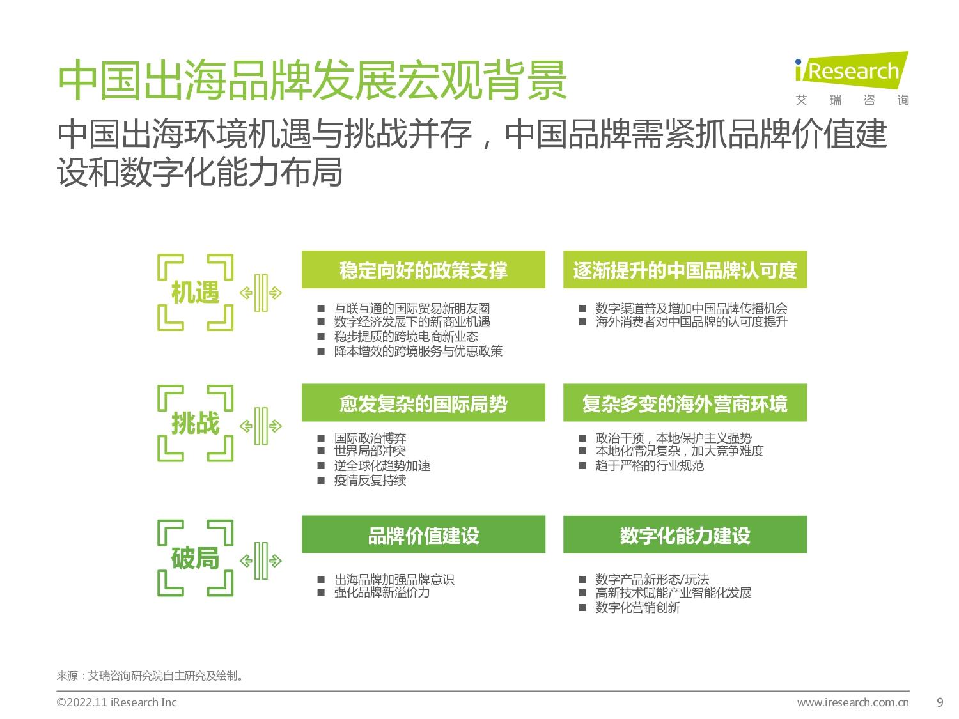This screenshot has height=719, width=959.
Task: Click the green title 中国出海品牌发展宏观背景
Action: coord(313,81)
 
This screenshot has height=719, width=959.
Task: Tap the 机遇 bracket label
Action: coord(195,292)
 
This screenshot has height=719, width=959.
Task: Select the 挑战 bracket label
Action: coord(195,423)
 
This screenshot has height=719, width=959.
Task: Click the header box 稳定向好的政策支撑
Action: coord(423,269)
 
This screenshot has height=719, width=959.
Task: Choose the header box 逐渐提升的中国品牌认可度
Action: coord(685,269)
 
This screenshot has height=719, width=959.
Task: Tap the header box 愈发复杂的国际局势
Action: coord(423,403)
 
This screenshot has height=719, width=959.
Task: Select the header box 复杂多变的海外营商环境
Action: coord(685,403)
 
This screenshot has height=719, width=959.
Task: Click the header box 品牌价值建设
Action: coord(423,534)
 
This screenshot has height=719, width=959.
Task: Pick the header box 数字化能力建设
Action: coord(685,534)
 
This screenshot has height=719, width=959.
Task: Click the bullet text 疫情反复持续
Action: coord(370,480)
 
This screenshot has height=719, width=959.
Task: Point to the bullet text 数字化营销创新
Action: coord(637,607)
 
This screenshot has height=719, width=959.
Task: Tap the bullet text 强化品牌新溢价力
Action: coord(382,592)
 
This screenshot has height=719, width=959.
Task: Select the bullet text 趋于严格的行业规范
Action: coord(649,465)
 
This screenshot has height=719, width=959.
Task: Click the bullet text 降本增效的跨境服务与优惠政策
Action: coord(418,351)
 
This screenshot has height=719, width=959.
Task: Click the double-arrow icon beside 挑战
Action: coord(261,426)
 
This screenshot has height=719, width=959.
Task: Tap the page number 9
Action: coord(940,702)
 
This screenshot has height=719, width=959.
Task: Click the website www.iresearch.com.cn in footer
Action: coord(853,702)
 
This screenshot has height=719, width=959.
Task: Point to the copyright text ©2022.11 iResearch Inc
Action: coord(116,702)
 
